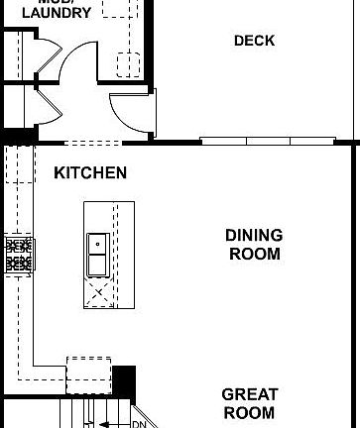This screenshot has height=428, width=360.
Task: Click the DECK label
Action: (x=254, y=41)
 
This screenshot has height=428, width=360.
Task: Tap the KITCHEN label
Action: (x=90, y=173)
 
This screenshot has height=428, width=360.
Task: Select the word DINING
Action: (x=254, y=236)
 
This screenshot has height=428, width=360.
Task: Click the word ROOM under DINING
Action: (x=254, y=254)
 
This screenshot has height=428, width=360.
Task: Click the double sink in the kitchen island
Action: (x=98, y=256)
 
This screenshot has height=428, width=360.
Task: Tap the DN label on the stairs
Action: (x=139, y=424)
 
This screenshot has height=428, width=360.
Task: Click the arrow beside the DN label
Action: (x=111, y=424)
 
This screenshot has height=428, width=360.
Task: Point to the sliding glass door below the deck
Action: (x=260, y=141)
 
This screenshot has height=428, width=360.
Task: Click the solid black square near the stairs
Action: (x=123, y=380)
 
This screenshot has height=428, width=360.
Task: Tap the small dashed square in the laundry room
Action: (x=126, y=65)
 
